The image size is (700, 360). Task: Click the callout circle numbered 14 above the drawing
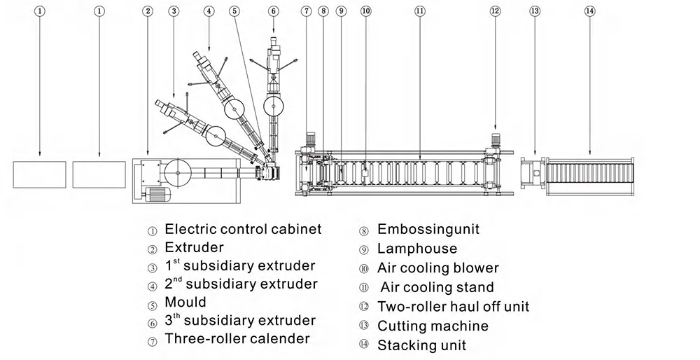589,11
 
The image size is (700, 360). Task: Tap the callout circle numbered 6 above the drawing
273,11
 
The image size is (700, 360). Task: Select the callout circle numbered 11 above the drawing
419,11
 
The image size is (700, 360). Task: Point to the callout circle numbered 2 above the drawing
147,11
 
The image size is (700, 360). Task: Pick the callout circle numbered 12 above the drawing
496,11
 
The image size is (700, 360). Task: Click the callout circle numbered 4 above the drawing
209,11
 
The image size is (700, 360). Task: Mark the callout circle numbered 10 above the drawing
365,11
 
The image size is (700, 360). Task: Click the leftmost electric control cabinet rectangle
39,174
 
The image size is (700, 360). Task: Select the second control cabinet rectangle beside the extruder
99,174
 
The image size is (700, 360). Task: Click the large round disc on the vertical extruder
273,106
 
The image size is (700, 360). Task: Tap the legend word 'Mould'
185,303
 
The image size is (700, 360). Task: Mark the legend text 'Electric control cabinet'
243,229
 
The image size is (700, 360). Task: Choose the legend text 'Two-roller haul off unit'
453,307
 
